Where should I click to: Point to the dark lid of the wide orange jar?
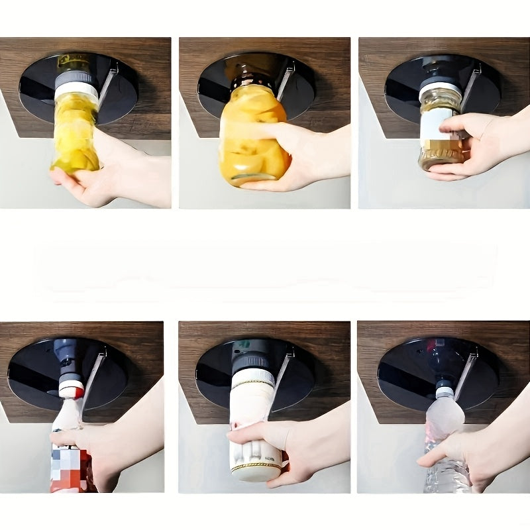coord(252,78)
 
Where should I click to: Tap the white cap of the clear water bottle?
coord(444,392)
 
